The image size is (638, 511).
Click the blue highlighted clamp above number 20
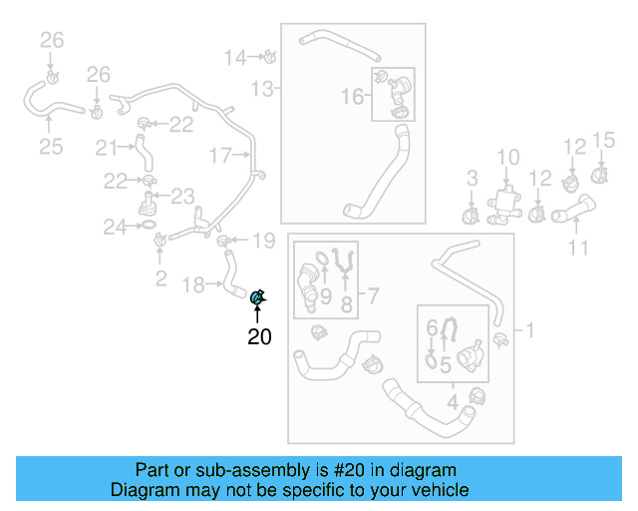coord(257,295)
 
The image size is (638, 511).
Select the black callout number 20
coord(259,337)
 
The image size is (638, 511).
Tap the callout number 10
coord(508,157)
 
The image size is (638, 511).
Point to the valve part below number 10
coord(506,204)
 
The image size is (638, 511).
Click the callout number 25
coord(51,147)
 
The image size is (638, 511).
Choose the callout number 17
coord(220,155)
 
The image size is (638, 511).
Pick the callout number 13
coord(261,90)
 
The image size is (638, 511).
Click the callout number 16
coord(353,96)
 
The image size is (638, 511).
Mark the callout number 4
coord(453,404)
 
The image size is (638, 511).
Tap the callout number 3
coord(473,179)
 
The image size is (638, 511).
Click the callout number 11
coord(579,247)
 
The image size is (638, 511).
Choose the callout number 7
coord(373,295)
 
